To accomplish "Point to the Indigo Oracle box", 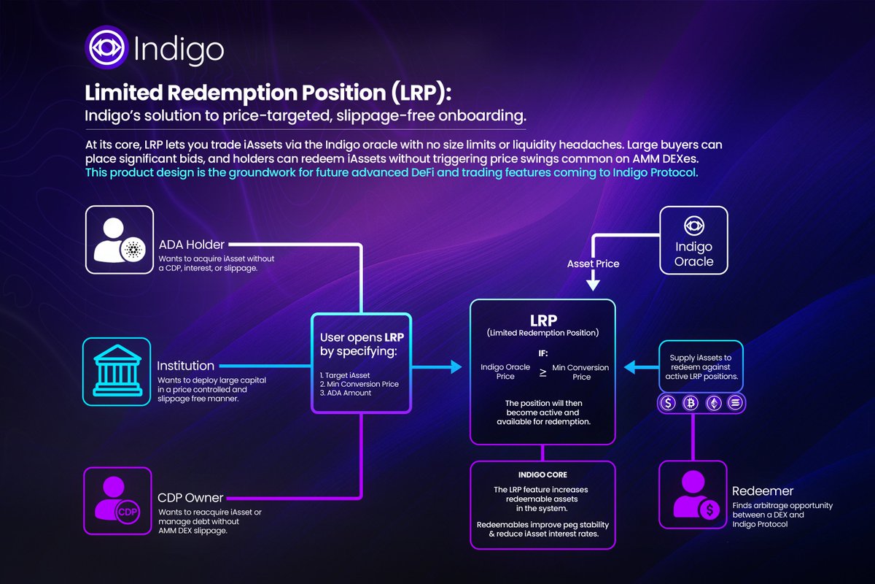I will [693, 240].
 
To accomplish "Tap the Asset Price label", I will [593, 264].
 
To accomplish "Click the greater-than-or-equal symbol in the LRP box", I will [542, 372].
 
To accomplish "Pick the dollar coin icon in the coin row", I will [668, 402].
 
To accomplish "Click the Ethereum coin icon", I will [715, 402].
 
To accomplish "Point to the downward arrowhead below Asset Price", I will [593, 283].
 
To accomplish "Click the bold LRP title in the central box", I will [542, 321].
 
